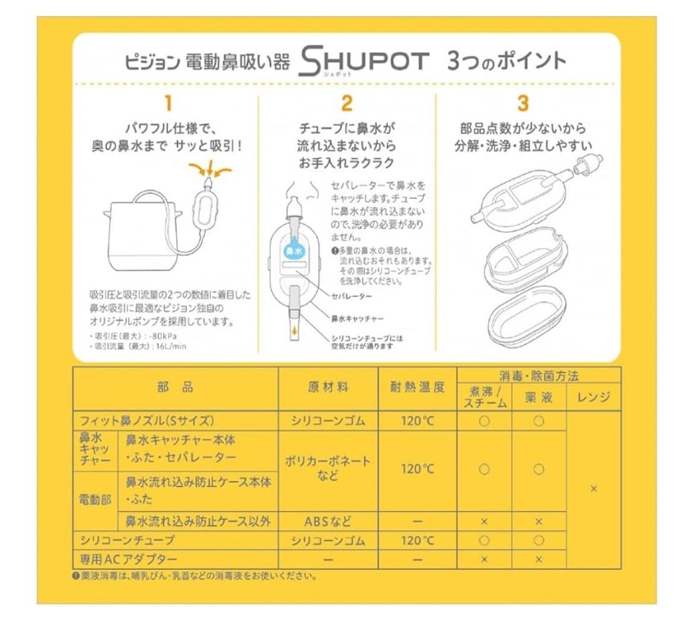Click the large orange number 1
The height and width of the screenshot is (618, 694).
click(168, 103)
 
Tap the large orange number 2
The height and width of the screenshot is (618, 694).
click(347, 103)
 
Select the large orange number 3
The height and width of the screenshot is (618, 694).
click(523, 103)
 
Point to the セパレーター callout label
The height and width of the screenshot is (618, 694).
click(352, 295)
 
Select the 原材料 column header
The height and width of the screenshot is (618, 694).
click(328, 387)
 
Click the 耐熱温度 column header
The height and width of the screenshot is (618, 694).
click(417, 387)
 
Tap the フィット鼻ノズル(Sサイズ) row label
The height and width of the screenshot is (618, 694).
click(146, 421)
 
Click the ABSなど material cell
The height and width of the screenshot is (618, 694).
click(328, 521)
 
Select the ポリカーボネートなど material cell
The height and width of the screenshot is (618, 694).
click(328, 468)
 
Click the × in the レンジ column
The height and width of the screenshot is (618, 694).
click(594, 489)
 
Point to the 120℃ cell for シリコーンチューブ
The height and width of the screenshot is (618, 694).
click(417, 540)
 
